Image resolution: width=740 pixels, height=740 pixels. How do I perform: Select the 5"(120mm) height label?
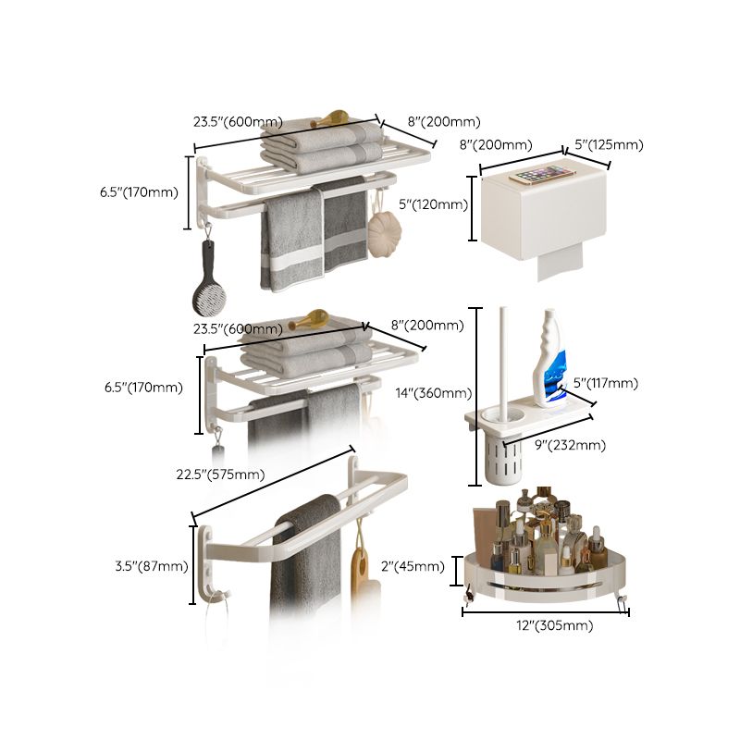pos(439,204)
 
